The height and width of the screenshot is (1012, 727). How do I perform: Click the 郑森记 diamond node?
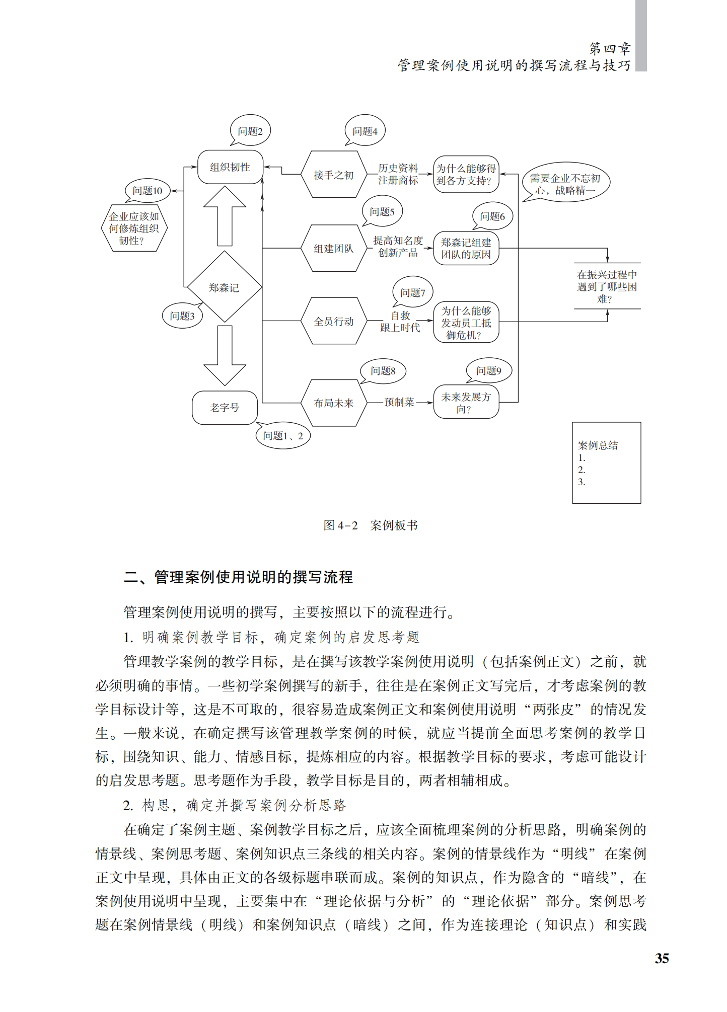point(224,287)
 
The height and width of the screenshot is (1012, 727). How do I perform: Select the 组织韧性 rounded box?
point(230,167)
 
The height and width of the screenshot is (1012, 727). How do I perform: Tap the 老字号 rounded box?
point(225,407)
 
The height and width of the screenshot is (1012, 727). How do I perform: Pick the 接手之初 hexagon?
point(333,175)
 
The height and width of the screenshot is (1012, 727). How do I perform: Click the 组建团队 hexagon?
point(333,248)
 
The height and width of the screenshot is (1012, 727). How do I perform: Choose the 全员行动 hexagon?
point(333,321)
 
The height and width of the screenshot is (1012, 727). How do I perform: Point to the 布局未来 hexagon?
point(333,403)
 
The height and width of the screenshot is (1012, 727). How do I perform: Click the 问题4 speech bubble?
point(365,131)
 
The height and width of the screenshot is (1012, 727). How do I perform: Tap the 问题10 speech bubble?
point(148,191)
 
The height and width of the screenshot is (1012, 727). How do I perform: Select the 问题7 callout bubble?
point(413,292)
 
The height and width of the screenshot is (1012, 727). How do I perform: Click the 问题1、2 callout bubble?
point(283,435)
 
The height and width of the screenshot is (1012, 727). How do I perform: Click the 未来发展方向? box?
point(466,402)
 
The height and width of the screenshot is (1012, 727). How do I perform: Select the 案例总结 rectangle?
point(606,462)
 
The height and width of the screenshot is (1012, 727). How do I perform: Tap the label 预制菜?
point(399,402)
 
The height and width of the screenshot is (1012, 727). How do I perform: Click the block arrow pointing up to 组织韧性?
point(225,216)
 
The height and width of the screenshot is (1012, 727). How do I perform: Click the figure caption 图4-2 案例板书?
point(371,525)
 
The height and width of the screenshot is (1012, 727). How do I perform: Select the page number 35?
point(662,958)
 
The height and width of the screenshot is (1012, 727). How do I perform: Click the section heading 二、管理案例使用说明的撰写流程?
point(238,577)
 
